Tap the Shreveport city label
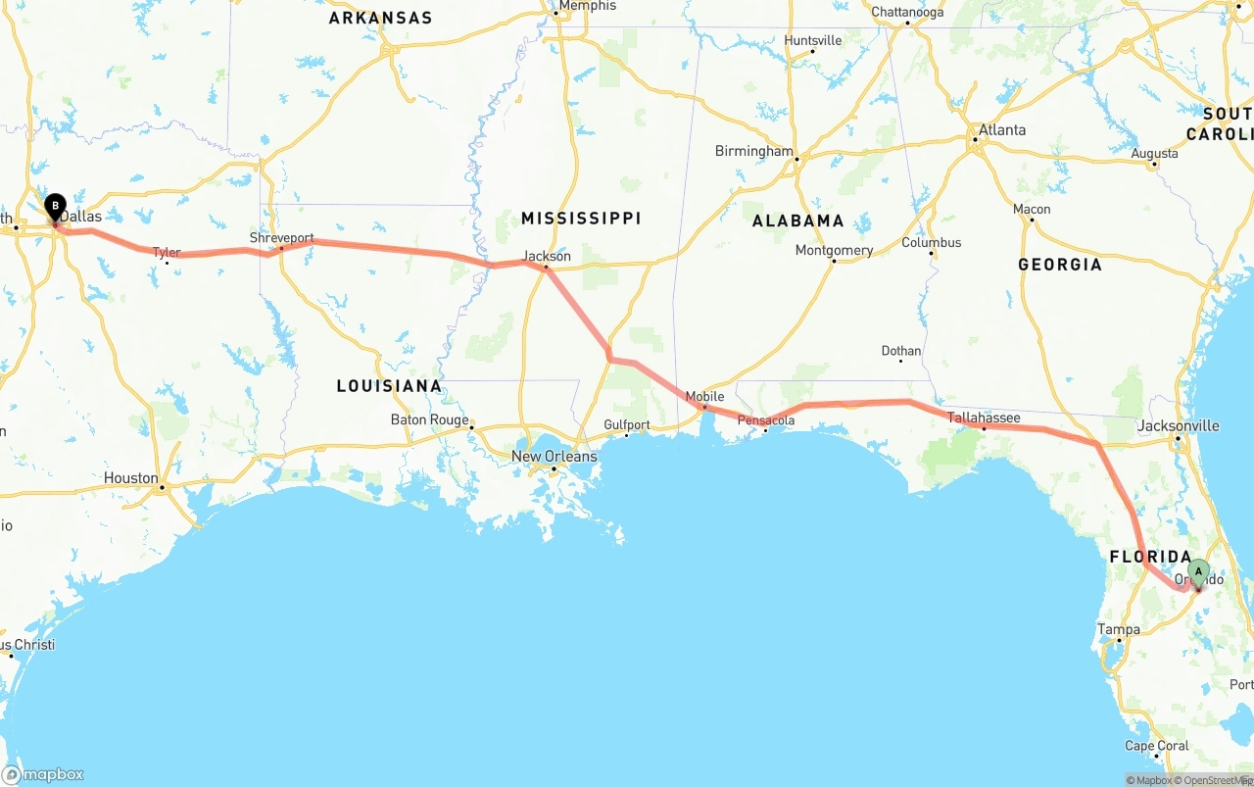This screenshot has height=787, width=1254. [x=281, y=238]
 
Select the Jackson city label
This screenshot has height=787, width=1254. [x=547, y=256]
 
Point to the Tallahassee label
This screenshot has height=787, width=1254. [x=984, y=418]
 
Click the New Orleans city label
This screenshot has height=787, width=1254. [x=554, y=456]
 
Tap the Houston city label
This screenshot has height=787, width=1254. [x=131, y=478]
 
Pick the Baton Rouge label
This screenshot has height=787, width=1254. [x=429, y=419]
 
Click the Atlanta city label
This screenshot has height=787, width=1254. [x=1002, y=129]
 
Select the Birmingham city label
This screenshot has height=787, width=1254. [x=753, y=151]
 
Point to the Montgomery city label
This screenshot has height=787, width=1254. [x=834, y=250]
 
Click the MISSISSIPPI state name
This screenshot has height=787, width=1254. [x=581, y=218]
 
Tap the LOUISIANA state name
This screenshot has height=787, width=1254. [x=389, y=385]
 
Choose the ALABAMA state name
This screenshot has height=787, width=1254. [x=797, y=221]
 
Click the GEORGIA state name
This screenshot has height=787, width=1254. [x=1059, y=264]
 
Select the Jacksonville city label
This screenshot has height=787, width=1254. [x=1178, y=425]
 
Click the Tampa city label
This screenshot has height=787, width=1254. [x=1119, y=629]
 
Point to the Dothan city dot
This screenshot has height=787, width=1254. [x=901, y=362]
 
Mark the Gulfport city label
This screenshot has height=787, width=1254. [x=627, y=425]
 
